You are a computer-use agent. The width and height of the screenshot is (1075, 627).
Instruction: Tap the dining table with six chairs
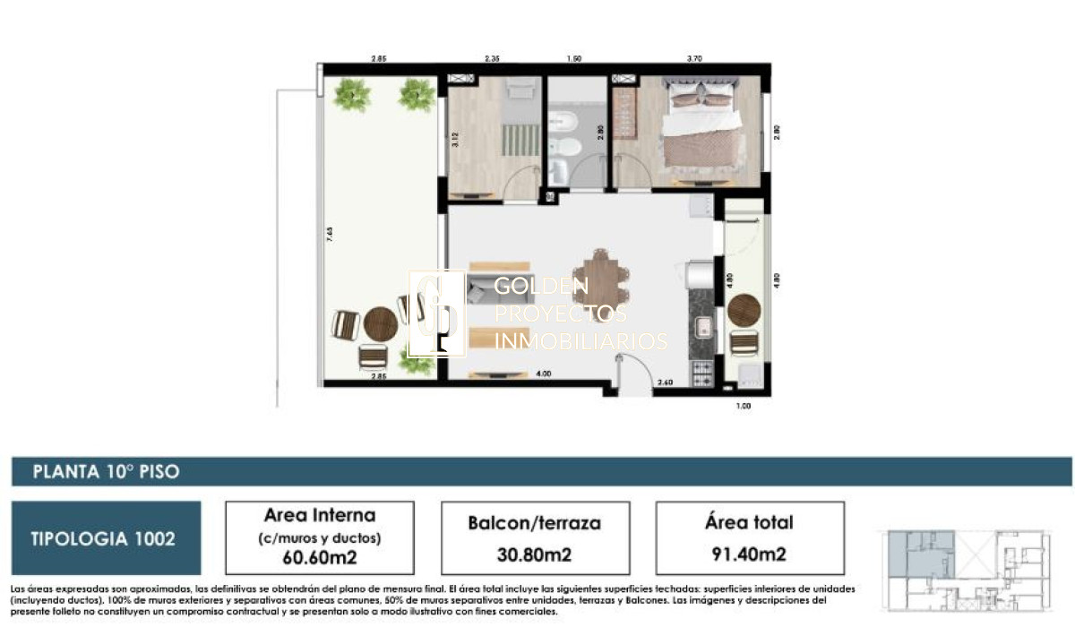click(x=602, y=282)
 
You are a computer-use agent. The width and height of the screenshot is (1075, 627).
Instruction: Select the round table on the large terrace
click(x=380, y=323)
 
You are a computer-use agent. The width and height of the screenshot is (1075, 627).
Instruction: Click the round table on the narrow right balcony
click(x=744, y=311)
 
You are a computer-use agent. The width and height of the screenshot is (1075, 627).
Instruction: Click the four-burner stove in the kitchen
click(x=700, y=369)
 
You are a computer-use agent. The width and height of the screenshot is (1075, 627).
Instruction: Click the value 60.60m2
click(x=320, y=556)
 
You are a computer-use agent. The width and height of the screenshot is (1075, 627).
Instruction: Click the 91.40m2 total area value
click(x=750, y=554)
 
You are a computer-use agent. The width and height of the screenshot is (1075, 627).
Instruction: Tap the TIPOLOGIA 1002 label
click(x=103, y=538)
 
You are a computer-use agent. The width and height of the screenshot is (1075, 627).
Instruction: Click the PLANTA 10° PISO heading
click(x=106, y=472)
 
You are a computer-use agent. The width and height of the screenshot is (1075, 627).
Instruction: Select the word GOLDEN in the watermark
click(x=541, y=287)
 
